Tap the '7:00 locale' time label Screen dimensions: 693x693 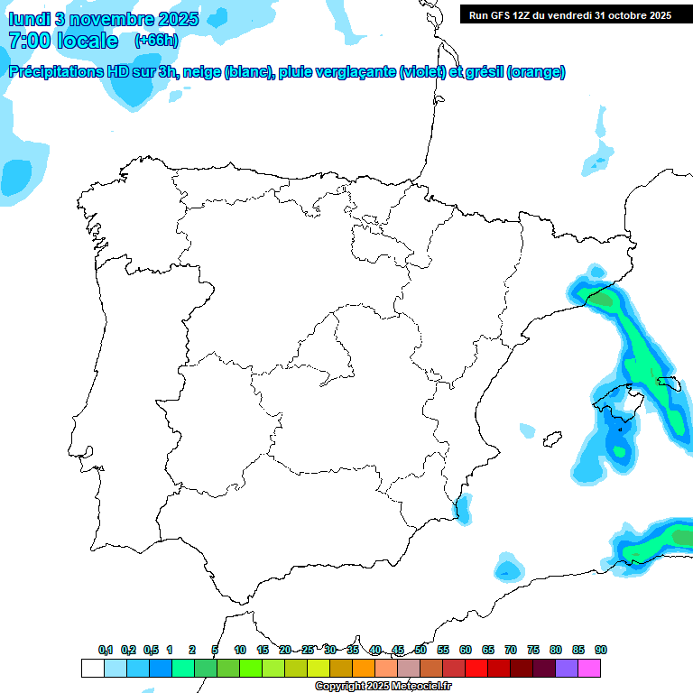tap(62, 41)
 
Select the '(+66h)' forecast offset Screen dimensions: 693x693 tap(156, 41)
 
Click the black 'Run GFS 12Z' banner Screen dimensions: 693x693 tap(569, 14)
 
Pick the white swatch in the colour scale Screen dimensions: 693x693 tap(92, 668)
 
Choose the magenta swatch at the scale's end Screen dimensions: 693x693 tap(589, 668)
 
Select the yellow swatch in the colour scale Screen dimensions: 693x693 tap(319, 668)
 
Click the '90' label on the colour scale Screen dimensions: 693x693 tap(601, 650)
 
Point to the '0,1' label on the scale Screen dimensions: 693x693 tap(106, 650)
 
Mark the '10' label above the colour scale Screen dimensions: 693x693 tap(240, 650)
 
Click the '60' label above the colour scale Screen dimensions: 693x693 tap(466, 650)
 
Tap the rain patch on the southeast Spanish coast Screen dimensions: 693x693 tap(464, 510)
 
